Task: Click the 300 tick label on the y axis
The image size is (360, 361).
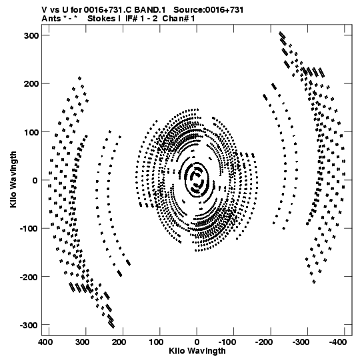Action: [31, 35]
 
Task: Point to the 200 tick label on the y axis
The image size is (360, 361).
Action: [31, 84]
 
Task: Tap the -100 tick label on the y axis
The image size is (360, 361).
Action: [29, 229]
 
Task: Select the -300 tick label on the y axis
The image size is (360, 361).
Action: [29, 326]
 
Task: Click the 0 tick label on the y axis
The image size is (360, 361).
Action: [35, 180]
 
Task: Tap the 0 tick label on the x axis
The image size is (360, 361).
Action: [197, 342]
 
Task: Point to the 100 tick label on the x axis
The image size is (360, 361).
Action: [156, 342]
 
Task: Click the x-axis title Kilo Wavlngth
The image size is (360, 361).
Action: [197, 351]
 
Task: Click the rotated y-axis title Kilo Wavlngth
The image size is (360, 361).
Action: [13, 179]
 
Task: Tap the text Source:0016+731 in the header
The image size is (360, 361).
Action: [208, 10]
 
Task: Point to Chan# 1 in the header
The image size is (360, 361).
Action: [179, 19]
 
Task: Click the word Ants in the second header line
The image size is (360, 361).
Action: [51, 19]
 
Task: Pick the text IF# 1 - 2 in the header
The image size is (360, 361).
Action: [141, 19]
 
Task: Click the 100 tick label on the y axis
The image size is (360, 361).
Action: [31, 132]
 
